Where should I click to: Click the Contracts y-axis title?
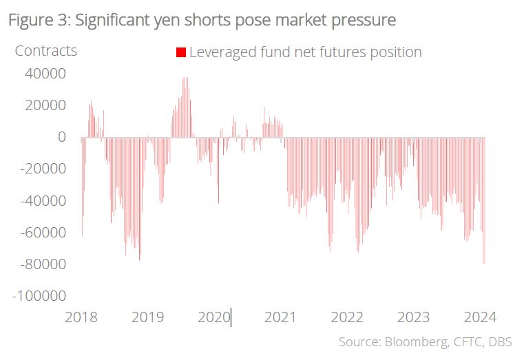[45, 51]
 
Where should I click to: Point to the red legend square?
[181, 52]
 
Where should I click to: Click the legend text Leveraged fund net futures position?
[305, 52]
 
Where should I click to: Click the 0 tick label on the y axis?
[62, 136]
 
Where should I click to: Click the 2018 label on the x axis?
[81, 317]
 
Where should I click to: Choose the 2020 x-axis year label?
[214, 317]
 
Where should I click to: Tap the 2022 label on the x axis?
[346, 317]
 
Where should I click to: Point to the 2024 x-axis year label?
[479, 317]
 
